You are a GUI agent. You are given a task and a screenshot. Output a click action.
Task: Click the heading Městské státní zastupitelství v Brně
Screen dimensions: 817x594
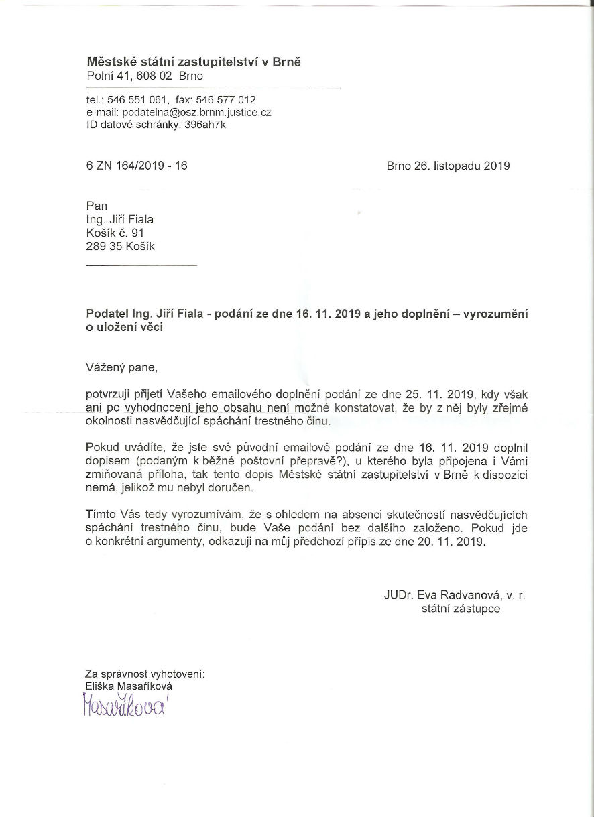194,62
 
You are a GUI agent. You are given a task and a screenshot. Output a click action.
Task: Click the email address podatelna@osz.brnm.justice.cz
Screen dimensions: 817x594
196,112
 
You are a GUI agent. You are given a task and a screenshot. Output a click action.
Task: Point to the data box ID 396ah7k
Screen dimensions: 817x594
205,124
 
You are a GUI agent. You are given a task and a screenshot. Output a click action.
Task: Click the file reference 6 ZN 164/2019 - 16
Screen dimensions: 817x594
137,166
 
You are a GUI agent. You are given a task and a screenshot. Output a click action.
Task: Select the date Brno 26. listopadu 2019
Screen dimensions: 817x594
448,166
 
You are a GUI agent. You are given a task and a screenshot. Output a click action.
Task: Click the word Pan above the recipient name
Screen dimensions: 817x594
97,206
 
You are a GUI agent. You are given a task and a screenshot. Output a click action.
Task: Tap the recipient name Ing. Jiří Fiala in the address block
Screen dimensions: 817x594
124,219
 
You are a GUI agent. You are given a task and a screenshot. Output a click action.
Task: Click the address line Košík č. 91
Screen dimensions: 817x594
115,233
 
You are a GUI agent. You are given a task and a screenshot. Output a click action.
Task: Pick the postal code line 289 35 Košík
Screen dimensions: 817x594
121,246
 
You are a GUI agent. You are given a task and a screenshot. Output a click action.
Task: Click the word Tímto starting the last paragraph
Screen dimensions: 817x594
101,515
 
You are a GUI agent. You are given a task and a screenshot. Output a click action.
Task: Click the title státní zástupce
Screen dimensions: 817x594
461,609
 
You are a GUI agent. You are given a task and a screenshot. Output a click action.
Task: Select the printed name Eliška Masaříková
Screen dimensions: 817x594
127,686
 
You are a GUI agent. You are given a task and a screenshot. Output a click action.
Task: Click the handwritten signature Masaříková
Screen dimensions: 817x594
125,706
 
